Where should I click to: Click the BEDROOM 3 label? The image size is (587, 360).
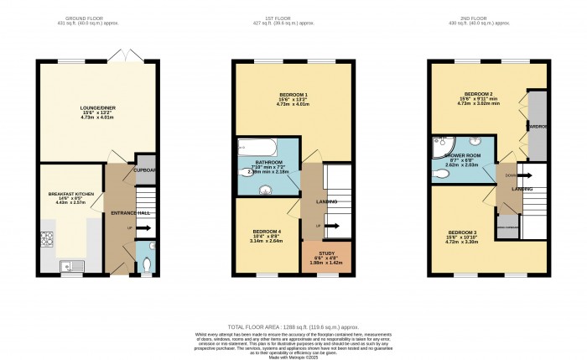(463, 232)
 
